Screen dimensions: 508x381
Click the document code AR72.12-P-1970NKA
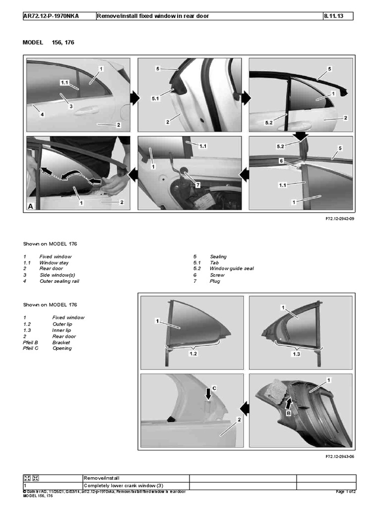pos(51,16)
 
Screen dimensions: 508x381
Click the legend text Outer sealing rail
pos(59,281)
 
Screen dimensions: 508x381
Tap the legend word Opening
pos(62,348)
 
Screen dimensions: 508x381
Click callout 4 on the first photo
pos(42,115)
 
